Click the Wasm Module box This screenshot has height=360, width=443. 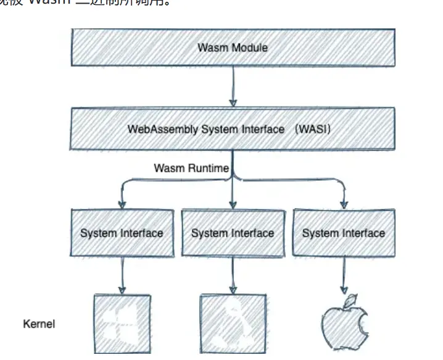pyautogui.click(x=233, y=47)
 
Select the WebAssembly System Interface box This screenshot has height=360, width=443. pyautogui.click(x=233, y=130)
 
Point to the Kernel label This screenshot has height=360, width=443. pyautogui.click(x=39, y=324)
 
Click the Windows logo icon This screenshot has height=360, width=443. pyautogui.click(x=122, y=324)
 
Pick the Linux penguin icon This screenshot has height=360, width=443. pyautogui.click(x=233, y=324)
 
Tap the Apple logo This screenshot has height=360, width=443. pyautogui.click(x=344, y=326)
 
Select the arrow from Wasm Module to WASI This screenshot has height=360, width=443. pyautogui.click(x=233, y=86)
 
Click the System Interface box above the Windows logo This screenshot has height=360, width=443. pyautogui.click(x=122, y=233)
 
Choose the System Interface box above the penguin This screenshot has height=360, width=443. pyautogui.click(x=233, y=233)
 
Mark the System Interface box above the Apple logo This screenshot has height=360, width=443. pyautogui.click(x=344, y=233)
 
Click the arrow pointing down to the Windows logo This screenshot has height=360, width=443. pyautogui.click(x=122, y=275)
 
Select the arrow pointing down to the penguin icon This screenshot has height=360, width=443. pyautogui.click(x=233, y=275)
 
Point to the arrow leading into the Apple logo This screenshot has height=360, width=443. pyautogui.click(x=344, y=275)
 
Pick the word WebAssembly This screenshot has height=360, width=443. pyautogui.click(x=156, y=130)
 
